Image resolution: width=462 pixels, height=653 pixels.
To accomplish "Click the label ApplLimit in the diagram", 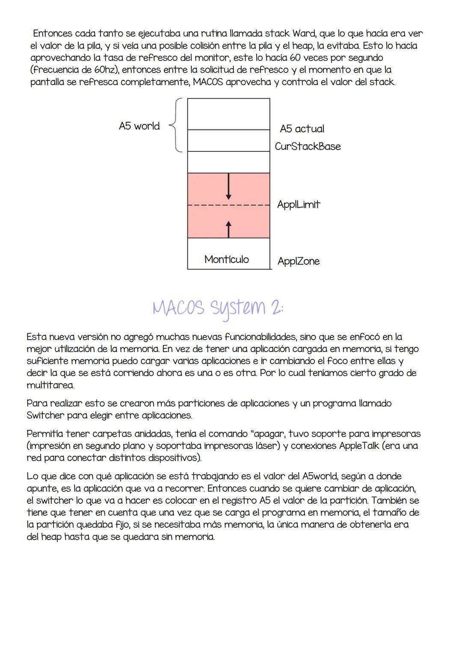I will tap(298, 204).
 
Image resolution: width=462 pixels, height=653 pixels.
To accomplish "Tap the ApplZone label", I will tap(298, 261).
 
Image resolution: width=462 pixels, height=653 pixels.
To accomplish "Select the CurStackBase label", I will tap(308, 146).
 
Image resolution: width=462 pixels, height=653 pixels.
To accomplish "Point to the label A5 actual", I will tap(302, 129).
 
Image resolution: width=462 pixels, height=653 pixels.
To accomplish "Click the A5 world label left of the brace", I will tap(139, 126).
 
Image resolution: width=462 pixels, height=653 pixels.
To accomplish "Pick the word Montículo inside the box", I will tap(226, 259).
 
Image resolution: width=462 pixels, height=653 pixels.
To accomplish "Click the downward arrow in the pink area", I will tap(229, 186).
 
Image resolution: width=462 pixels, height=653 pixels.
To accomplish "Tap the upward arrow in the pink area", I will tap(229, 229).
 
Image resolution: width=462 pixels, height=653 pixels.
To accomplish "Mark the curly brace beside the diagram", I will tap(176, 125).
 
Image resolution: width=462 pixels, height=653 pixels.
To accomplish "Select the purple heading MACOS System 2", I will tap(218, 307).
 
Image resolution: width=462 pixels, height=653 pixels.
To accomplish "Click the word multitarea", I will tap(50, 385).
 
